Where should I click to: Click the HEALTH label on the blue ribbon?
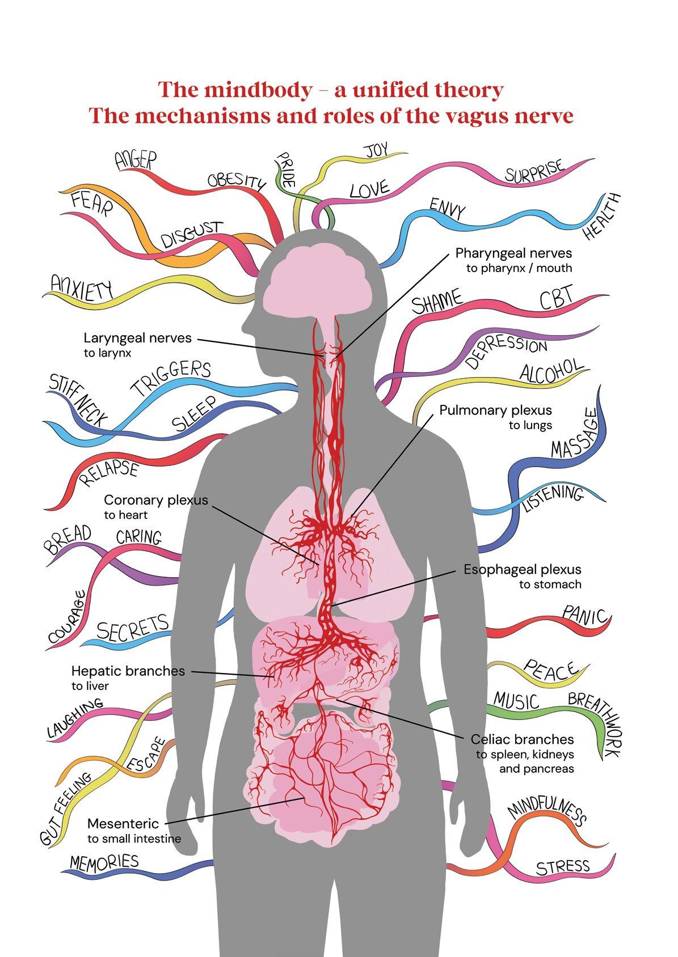(x=603, y=217)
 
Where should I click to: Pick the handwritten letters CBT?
(x=557, y=299)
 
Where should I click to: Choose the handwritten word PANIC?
(x=585, y=615)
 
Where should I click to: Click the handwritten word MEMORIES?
(x=104, y=862)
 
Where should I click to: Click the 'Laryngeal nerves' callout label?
(x=138, y=338)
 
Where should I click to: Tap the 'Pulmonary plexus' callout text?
(x=495, y=410)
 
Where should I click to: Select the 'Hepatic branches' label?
(x=128, y=671)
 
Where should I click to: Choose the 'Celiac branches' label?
(x=522, y=739)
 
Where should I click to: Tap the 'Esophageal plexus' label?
(x=522, y=569)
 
